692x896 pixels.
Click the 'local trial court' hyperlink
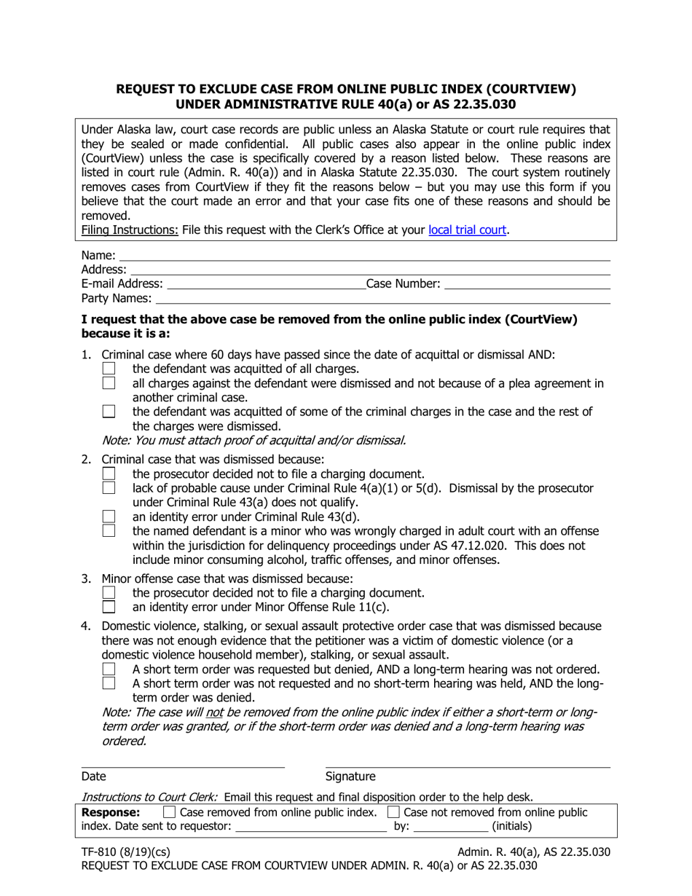pyautogui.click(x=467, y=230)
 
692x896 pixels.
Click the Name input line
pyautogui.click(x=364, y=256)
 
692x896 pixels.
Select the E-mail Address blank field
pyautogui.click(x=266, y=284)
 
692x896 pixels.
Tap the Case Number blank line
pyautogui.click(x=526, y=284)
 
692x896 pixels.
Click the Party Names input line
pyautogui.click(x=382, y=299)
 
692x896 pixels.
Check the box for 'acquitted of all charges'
pyautogui.click(x=109, y=369)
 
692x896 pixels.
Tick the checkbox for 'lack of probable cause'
pyautogui.click(x=109, y=488)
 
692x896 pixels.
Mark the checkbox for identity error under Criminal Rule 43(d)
pyautogui.click(x=109, y=516)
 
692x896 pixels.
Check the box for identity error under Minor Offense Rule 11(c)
pyautogui.click(x=109, y=607)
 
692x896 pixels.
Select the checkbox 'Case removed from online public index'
pyautogui.click(x=169, y=811)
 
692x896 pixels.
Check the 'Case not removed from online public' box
pyautogui.click(x=393, y=811)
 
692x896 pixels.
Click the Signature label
pyautogui.click(x=350, y=777)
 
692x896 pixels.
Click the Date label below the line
pyautogui.click(x=93, y=777)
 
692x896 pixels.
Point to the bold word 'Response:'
pyautogui.click(x=111, y=812)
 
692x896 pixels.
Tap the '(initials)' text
pyautogui.click(x=512, y=826)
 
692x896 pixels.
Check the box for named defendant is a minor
pyautogui.click(x=109, y=530)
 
